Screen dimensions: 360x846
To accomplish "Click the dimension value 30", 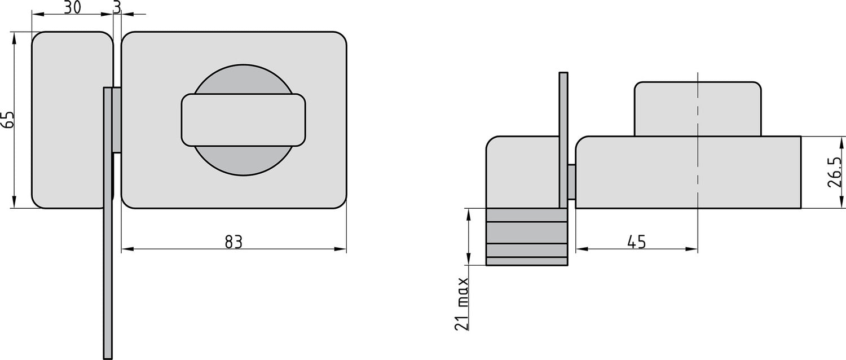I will [x=72, y=7].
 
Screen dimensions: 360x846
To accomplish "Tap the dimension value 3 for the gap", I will [x=117, y=7].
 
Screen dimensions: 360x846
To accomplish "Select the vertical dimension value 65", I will [x=8, y=120].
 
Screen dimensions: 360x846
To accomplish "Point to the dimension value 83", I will [x=233, y=242].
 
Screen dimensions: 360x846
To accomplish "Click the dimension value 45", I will [x=636, y=242].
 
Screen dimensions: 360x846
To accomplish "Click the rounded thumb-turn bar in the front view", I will [x=243, y=120].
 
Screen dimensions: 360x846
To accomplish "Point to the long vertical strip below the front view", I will [x=108, y=282].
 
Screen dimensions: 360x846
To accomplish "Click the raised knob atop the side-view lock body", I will [x=698, y=109].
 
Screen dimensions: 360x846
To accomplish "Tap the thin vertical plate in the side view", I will [x=563, y=141].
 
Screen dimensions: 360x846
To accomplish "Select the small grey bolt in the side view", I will [x=571, y=181].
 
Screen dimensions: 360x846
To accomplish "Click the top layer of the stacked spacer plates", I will [x=527, y=215].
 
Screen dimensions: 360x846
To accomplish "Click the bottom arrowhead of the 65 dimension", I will [x=14, y=204].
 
